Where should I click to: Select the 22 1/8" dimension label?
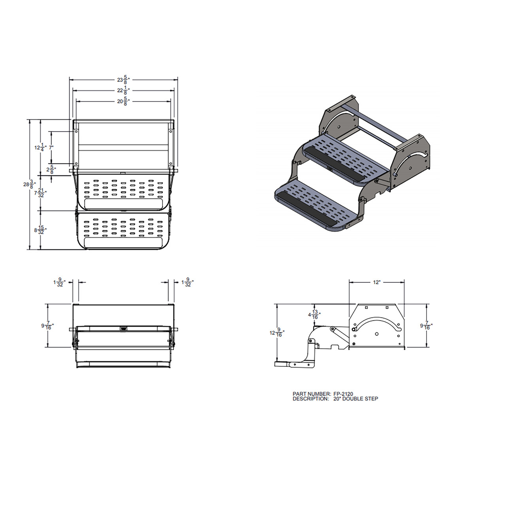click(x=123, y=91)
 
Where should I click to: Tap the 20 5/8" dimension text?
click(x=123, y=102)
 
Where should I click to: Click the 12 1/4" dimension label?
click(x=40, y=147)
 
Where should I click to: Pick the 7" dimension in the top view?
click(x=51, y=147)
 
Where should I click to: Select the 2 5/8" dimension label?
click(x=50, y=170)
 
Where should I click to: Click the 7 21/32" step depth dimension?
click(x=40, y=193)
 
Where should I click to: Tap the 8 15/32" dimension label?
click(x=40, y=230)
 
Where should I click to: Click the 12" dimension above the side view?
click(x=377, y=282)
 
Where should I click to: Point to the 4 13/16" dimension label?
click(x=314, y=315)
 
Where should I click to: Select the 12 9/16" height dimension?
click(x=277, y=333)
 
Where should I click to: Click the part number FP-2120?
click(x=343, y=394)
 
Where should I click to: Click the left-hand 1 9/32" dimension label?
click(x=59, y=282)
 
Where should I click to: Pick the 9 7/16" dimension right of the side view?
click(x=426, y=326)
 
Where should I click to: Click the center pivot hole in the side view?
click(x=377, y=334)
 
